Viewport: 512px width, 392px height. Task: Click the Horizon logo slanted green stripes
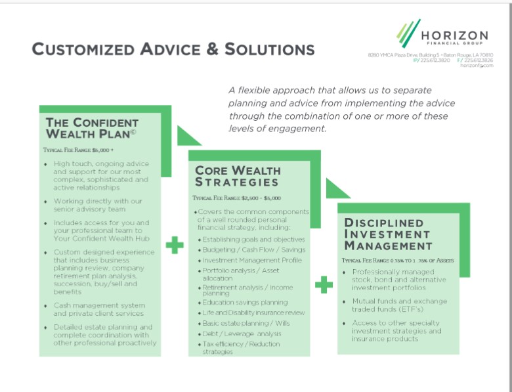pos(408,32)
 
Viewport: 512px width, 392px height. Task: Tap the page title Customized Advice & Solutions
pos(173,49)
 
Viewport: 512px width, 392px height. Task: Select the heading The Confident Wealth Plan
pos(92,128)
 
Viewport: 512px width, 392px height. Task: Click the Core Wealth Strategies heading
pos(237,176)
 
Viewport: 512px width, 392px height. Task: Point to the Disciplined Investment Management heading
pos(388,234)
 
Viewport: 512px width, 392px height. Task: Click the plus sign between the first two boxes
pos(175,246)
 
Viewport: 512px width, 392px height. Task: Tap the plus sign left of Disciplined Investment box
pos(324,285)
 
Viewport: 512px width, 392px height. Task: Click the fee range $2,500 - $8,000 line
pos(237,198)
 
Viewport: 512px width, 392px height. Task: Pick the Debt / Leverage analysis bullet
pos(241,333)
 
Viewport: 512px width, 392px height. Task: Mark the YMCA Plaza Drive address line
pos(430,54)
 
